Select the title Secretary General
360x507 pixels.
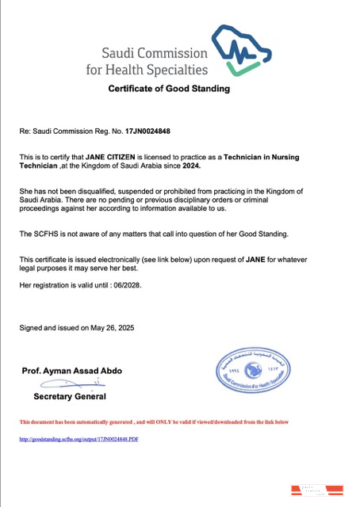(69, 395)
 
